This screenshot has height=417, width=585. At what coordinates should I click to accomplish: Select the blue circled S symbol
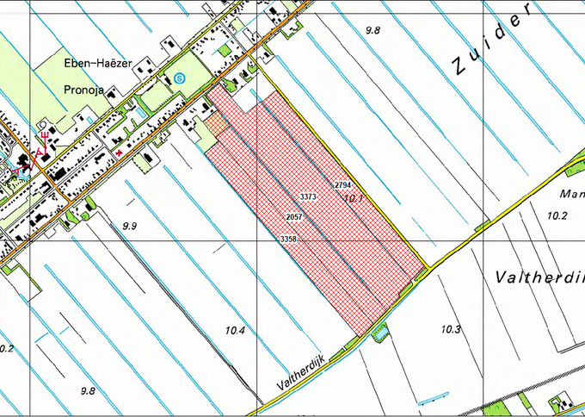click(179, 78)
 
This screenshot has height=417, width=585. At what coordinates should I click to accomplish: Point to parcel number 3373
click(309, 197)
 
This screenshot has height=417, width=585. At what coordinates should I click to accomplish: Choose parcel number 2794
click(342, 185)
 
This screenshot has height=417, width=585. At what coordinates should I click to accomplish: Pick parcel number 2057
click(293, 216)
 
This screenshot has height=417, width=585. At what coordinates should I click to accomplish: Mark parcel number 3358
click(288, 238)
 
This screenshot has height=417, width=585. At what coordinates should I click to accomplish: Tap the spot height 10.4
click(235, 331)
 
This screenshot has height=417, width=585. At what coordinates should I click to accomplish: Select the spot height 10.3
click(451, 329)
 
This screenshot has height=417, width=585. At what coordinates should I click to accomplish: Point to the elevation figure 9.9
click(130, 226)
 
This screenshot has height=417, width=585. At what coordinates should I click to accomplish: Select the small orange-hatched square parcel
click(215, 121)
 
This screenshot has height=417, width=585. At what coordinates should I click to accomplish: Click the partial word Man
click(571, 194)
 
